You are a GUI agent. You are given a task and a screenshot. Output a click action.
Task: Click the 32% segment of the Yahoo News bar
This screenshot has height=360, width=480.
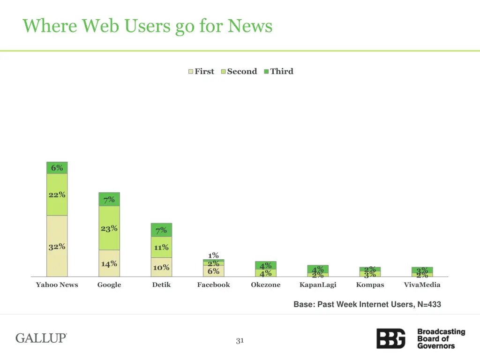point(57,247)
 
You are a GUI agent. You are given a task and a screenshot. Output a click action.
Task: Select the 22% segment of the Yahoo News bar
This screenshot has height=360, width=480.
point(57,195)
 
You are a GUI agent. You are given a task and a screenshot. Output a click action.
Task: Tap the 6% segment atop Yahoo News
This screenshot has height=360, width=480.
point(57,168)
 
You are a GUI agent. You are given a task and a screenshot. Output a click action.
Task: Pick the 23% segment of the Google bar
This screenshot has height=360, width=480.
point(109,228)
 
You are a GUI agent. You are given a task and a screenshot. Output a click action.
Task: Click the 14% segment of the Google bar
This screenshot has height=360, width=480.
point(109,263)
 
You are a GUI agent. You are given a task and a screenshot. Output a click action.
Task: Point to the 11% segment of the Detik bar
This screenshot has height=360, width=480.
point(161,247)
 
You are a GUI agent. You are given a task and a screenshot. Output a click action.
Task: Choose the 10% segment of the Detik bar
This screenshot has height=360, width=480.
point(161,267)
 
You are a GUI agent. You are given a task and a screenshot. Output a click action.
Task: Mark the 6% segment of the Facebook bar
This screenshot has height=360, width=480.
point(213,271)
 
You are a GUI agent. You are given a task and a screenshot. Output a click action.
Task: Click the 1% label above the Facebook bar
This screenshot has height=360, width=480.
point(213,255)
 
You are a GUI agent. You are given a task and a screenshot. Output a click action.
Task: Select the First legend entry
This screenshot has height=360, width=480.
point(201,71)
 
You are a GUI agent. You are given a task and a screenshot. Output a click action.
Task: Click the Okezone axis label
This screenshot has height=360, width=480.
point(265,285)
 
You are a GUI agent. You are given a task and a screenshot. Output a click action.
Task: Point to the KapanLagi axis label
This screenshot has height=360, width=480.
point(318,285)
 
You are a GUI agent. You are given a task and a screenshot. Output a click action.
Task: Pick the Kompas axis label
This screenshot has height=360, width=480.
point(370,285)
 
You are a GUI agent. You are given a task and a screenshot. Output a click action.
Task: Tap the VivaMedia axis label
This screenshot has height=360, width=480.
point(422,285)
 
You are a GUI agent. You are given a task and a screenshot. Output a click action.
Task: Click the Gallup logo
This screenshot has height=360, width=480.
point(41,338)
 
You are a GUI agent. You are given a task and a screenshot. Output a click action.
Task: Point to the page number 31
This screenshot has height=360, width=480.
point(240,341)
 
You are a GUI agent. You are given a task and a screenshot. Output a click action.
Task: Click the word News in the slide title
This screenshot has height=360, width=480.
point(250,26)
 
